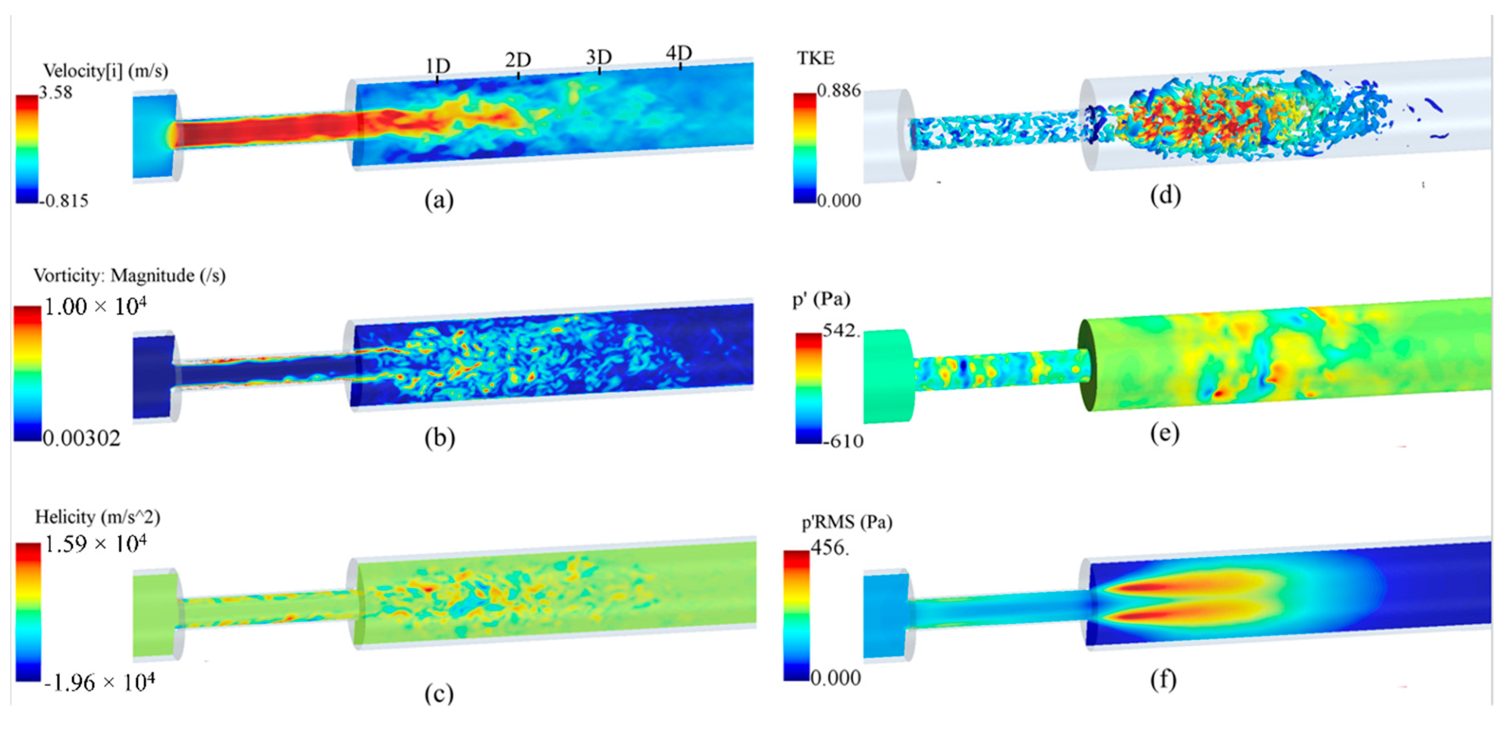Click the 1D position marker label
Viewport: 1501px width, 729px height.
438,66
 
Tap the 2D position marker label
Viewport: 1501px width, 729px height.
518,60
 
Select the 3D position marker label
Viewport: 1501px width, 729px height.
599,57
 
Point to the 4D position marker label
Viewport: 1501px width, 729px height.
679,53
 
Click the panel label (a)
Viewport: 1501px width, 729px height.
439,200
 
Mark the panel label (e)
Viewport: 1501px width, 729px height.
1165,433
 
